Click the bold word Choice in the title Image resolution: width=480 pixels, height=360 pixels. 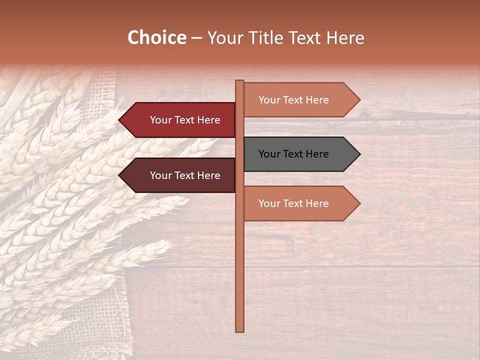156,37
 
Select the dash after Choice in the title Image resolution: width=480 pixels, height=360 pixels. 196,38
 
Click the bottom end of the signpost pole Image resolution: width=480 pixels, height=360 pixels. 239,329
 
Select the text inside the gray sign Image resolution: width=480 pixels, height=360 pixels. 293,154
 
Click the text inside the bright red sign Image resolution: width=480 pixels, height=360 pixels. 185,120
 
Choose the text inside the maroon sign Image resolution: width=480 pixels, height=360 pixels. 185,175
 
